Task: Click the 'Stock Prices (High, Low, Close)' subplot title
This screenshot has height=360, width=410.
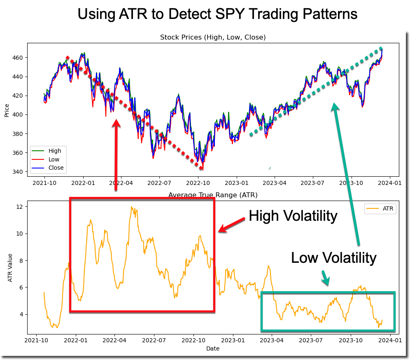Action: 213,37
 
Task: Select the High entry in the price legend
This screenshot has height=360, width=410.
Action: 55,151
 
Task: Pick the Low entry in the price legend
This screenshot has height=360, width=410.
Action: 54,159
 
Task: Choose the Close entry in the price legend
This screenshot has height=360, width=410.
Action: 56,168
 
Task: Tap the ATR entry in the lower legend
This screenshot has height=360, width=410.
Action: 388,209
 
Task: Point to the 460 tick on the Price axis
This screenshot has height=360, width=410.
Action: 19,58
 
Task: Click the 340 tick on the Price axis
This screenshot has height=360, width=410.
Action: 19,172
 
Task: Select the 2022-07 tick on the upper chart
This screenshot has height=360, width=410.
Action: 159,182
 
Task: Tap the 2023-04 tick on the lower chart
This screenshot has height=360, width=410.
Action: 272,341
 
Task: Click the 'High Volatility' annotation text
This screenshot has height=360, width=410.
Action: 293,215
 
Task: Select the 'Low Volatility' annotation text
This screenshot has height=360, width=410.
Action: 333,258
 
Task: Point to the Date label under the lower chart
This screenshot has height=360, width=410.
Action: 213,348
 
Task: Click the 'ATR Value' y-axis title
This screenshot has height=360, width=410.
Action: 10,270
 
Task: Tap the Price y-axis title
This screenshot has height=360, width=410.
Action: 7,110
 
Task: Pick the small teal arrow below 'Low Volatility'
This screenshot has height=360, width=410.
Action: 325,278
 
